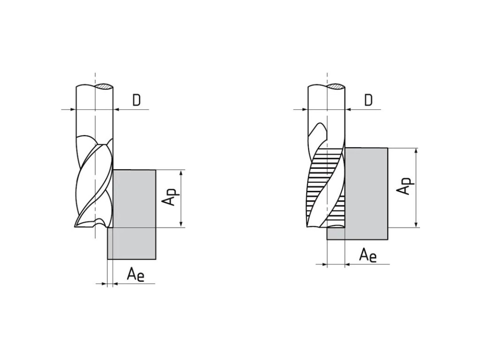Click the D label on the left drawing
(136, 100)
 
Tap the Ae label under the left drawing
(135, 274)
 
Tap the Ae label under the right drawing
(367, 255)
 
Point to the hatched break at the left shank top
(104, 87)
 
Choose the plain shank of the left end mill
(94, 112)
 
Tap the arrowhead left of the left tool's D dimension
(73, 110)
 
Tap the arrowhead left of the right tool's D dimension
(304, 110)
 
